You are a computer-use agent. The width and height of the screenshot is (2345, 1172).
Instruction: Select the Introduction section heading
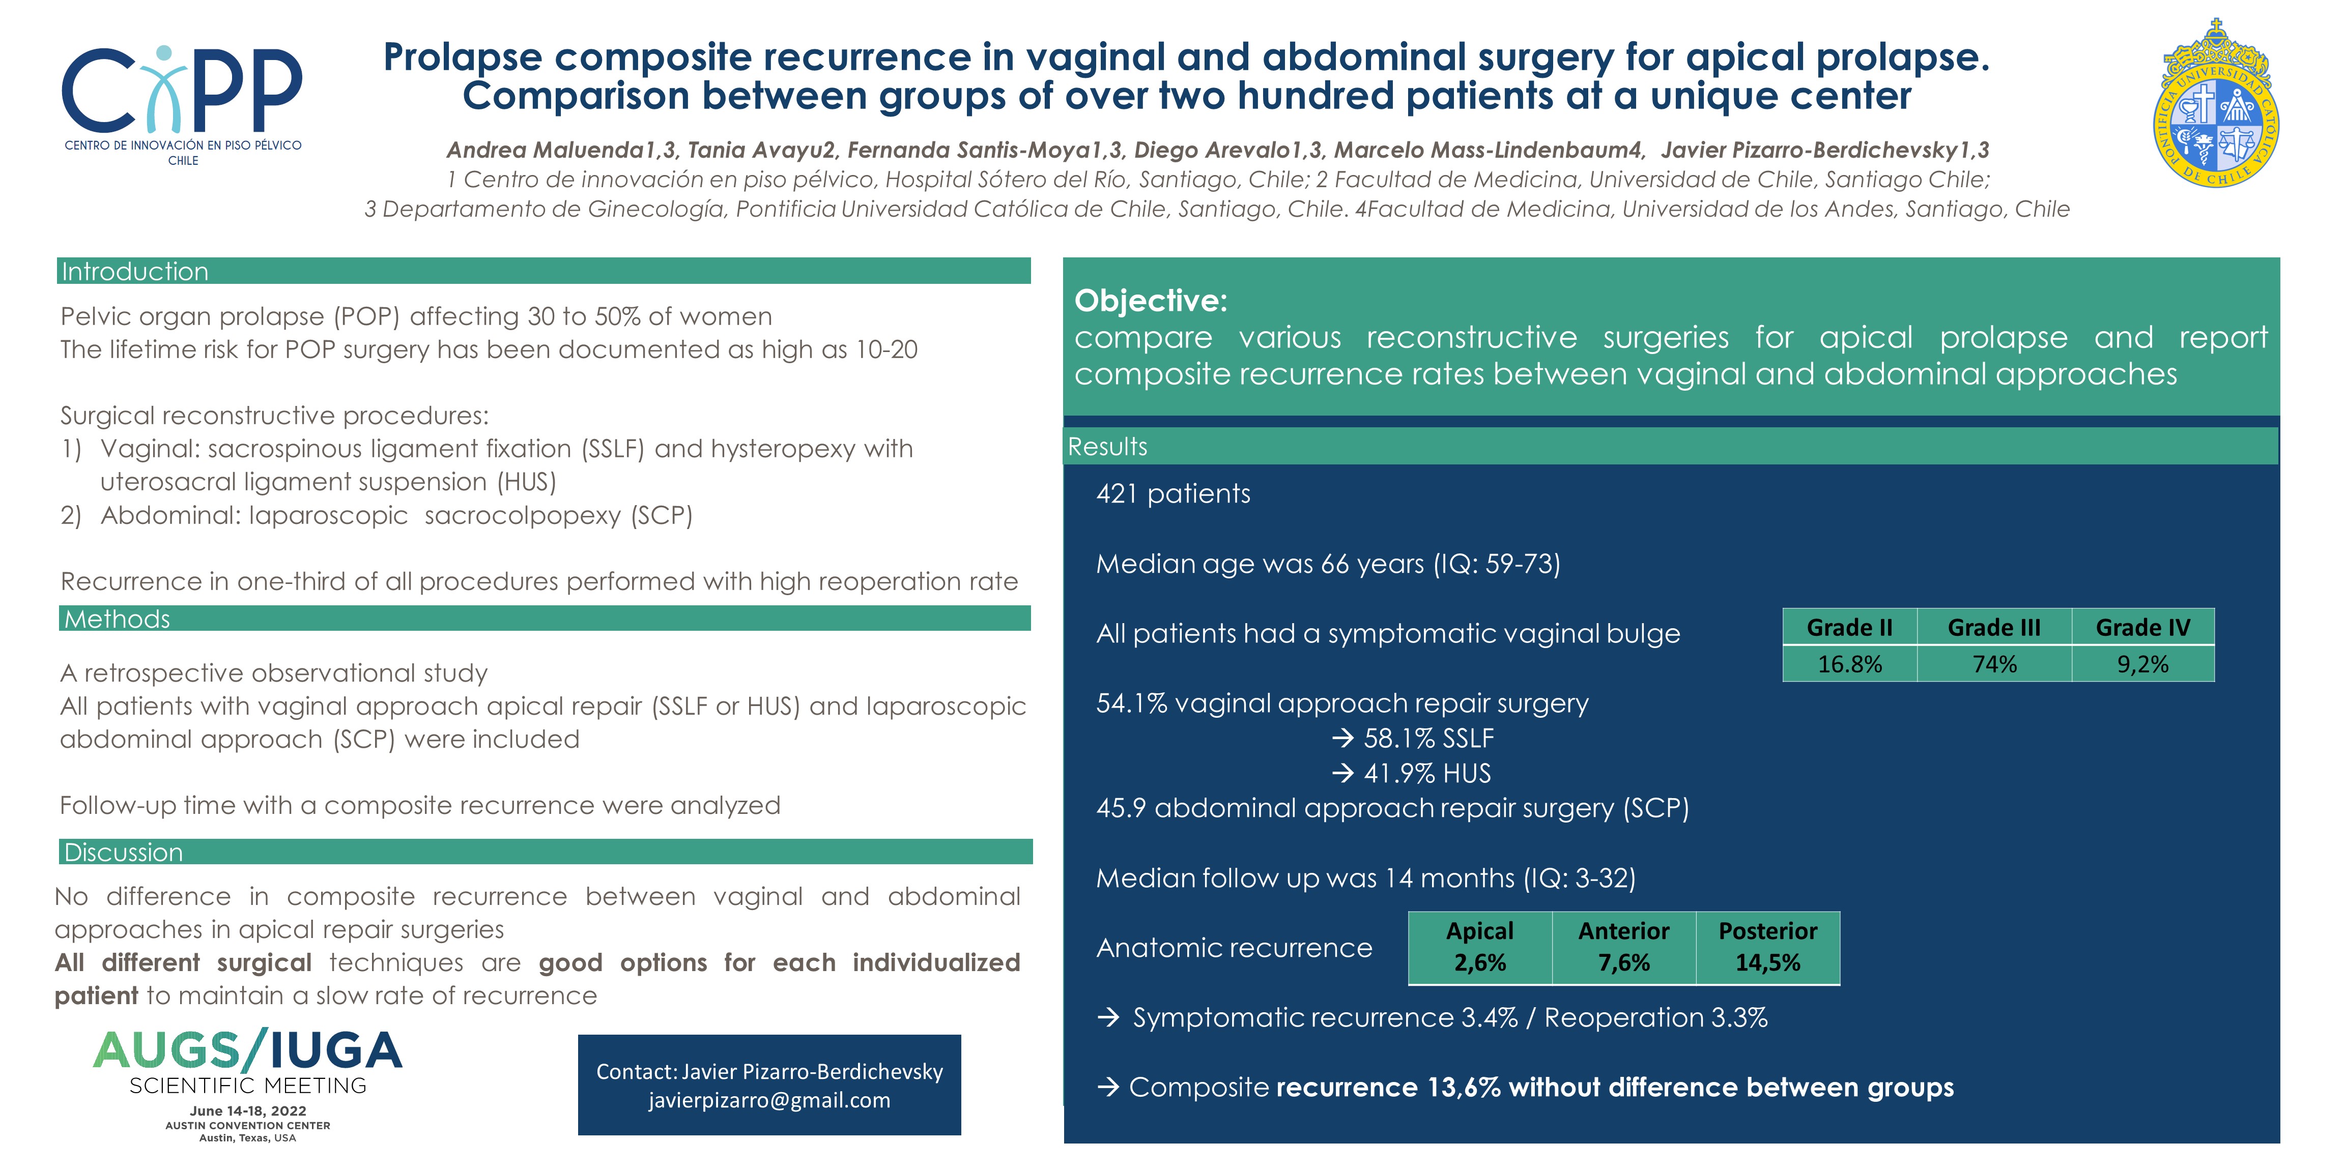click(x=135, y=271)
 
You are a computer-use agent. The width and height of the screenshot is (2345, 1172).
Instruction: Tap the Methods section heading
click(x=117, y=619)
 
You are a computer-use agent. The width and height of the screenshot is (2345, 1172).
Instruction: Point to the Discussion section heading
click(x=123, y=852)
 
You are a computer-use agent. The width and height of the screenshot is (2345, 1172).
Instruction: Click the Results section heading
click(x=1107, y=446)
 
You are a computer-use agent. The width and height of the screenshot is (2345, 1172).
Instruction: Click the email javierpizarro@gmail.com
click(x=769, y=1100)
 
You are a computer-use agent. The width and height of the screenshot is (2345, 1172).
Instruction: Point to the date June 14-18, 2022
click(x=248, y=1110)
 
